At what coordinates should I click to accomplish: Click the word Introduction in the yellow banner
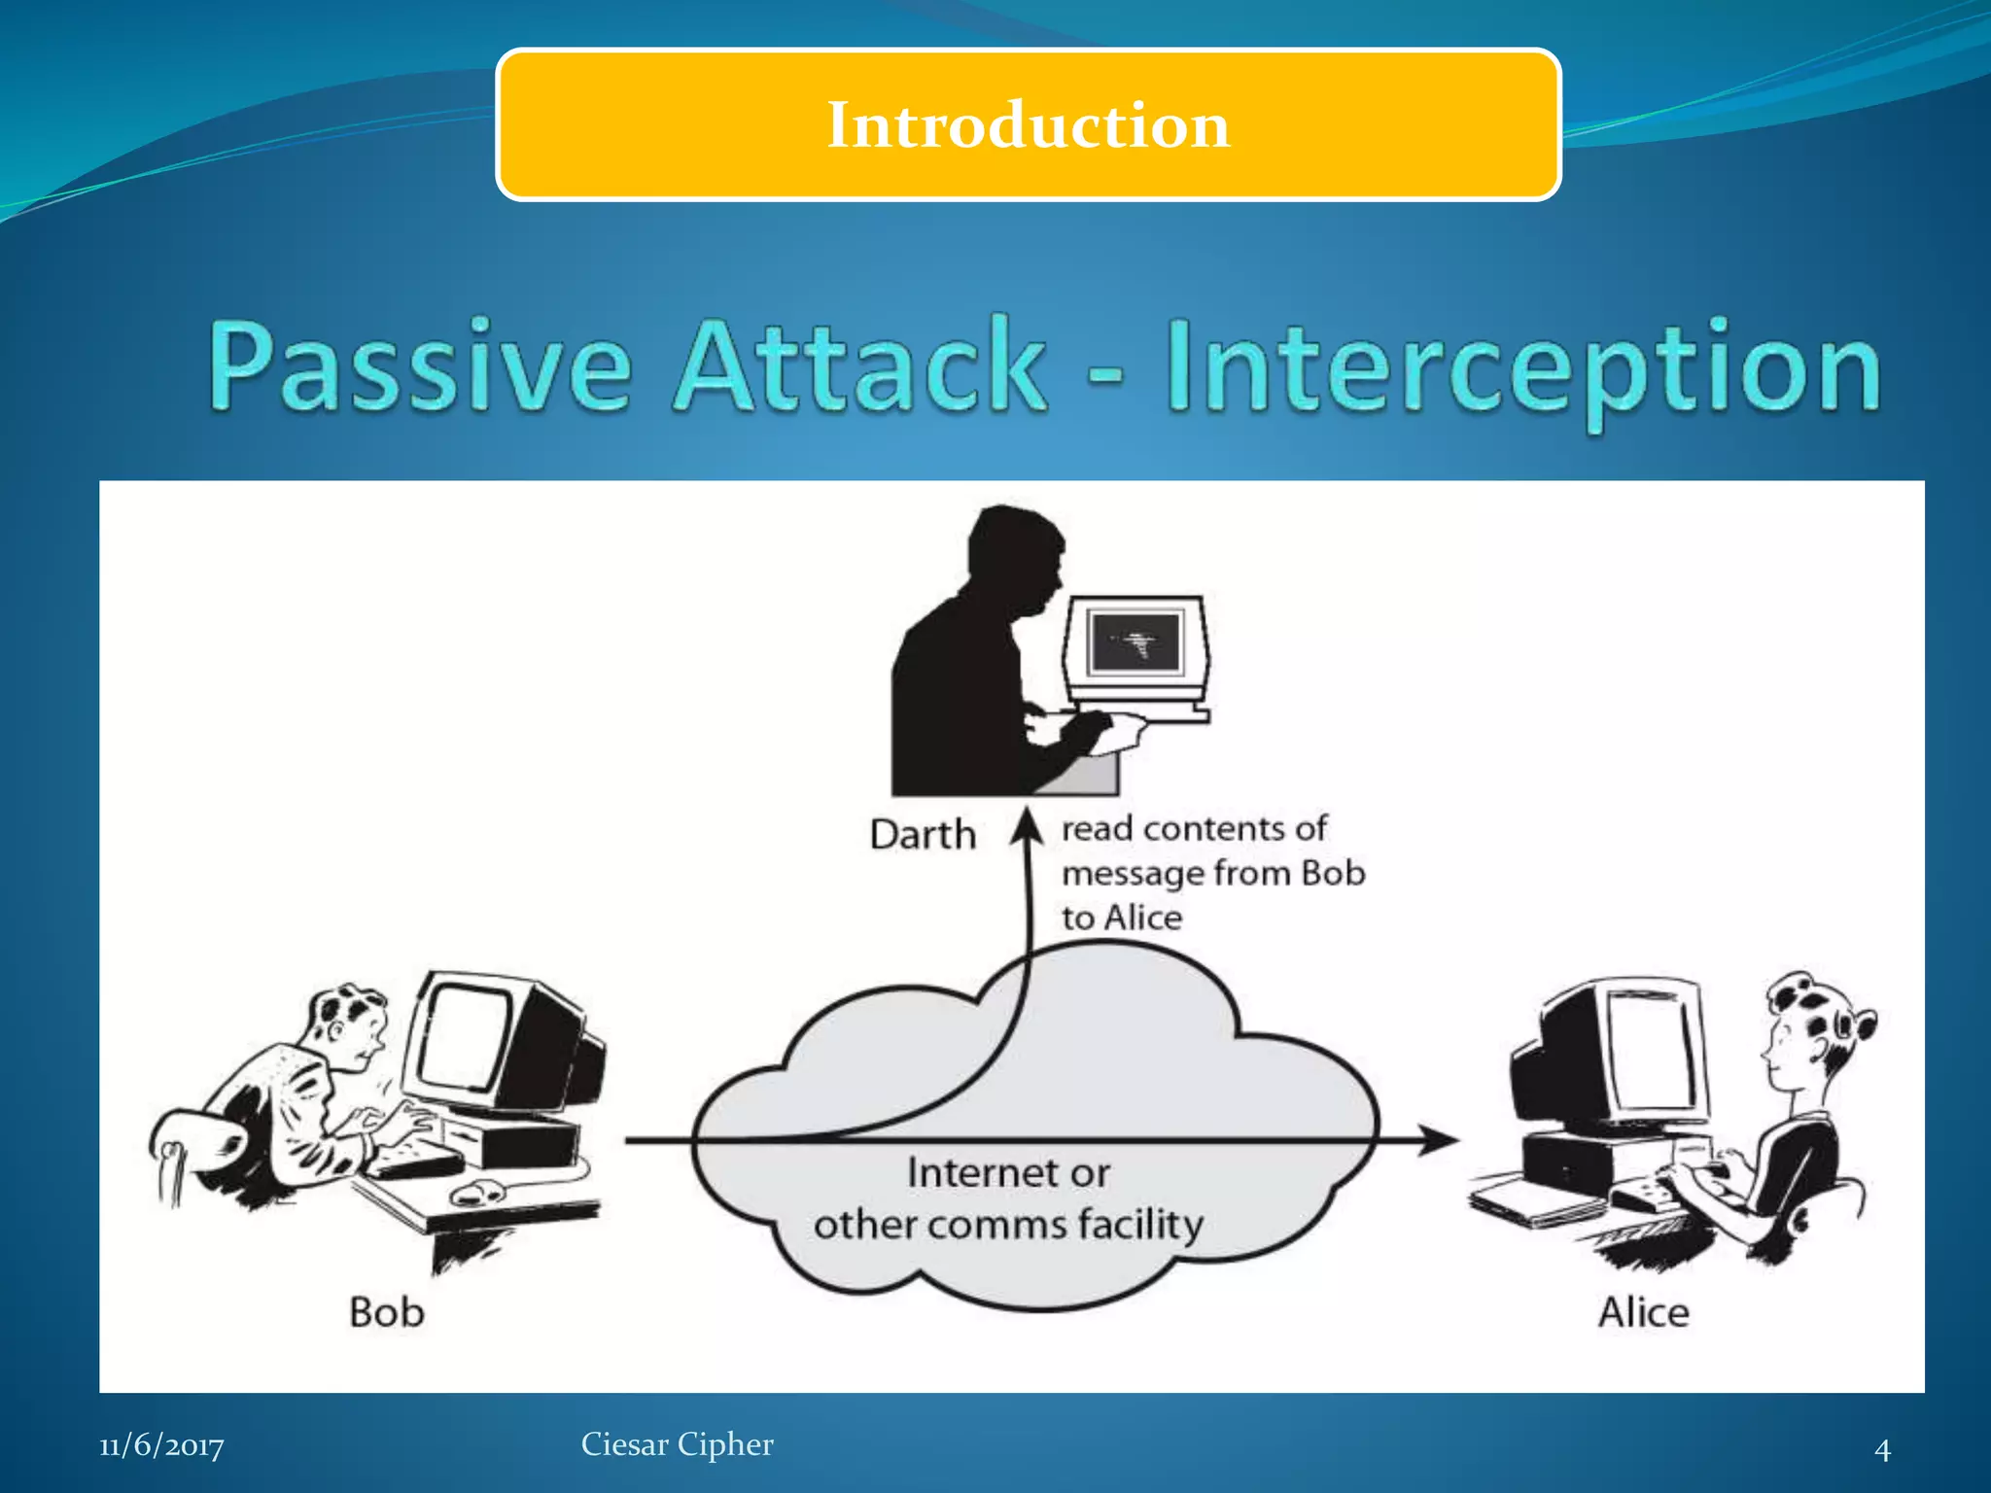click(x=1028, y=125)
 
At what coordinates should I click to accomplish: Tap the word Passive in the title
click(x=420, y=367)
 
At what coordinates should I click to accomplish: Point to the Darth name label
click(x=922, y=835)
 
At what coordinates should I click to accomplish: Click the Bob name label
click(x=386, y=1312)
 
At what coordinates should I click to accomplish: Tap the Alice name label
click(x=1643, y=1312)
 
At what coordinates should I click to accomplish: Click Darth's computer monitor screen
click(x=1135, y=642)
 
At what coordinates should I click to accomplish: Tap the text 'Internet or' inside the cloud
click(x=1007, y=1173)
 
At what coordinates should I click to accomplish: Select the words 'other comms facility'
click(x=1008, y=1225)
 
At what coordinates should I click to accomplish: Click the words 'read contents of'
click(x=1193, y=828)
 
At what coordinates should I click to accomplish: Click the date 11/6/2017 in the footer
click(x=161, y=1445)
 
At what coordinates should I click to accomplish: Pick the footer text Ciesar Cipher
click(x=677, y=1444)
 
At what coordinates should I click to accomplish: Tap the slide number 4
click(x=1882, y=1450)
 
